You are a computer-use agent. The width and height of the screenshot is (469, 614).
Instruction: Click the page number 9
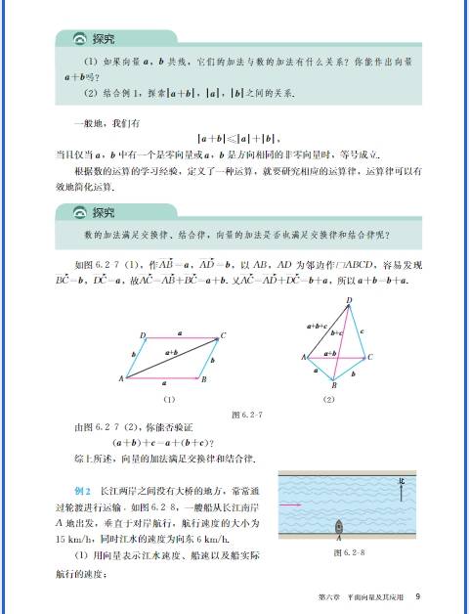tap(417, 596)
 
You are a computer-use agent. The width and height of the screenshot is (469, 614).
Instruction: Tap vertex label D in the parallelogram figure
tap(143, 335)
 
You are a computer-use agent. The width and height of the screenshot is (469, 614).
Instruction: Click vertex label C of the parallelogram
tap(223, 335)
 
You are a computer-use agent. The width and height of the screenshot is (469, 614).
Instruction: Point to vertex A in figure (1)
tap(121, 377)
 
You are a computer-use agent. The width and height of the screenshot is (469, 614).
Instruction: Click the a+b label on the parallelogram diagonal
tap(170, 352)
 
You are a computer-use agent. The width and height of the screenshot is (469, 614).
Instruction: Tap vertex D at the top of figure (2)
tap(349, 301)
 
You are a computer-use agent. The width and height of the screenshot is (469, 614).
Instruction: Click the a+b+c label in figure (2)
tap(316, 326)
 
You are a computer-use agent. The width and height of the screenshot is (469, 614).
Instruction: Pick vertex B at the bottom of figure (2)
tap(336, 384)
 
